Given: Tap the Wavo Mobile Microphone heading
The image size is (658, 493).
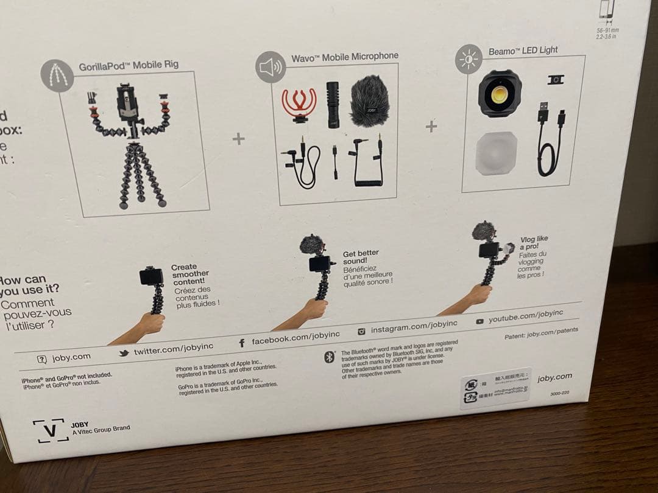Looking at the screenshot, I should pyautogui.click(x=344, y=57).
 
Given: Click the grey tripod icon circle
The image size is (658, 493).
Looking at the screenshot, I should pyautogui.click(x=57, y=75).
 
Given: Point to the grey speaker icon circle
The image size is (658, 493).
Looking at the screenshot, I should pyautogui.click(x=271, y=67).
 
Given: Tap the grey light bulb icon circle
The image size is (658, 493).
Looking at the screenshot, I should pyautogui.click(x=469, y=60).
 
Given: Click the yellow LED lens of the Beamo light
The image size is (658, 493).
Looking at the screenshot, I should pyautogui.click(x=500, y=93).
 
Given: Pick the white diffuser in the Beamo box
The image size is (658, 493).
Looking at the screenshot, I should pyautogui.click(x=496, y=153).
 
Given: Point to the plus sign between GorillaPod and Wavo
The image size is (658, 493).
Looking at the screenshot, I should pyautogui.click(x=238, y=139).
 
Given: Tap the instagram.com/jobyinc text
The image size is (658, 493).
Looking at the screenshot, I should pyautogui.click(x=414, y=326).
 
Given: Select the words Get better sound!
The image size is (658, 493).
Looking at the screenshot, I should pyautogui.click(x=361, y=257).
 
